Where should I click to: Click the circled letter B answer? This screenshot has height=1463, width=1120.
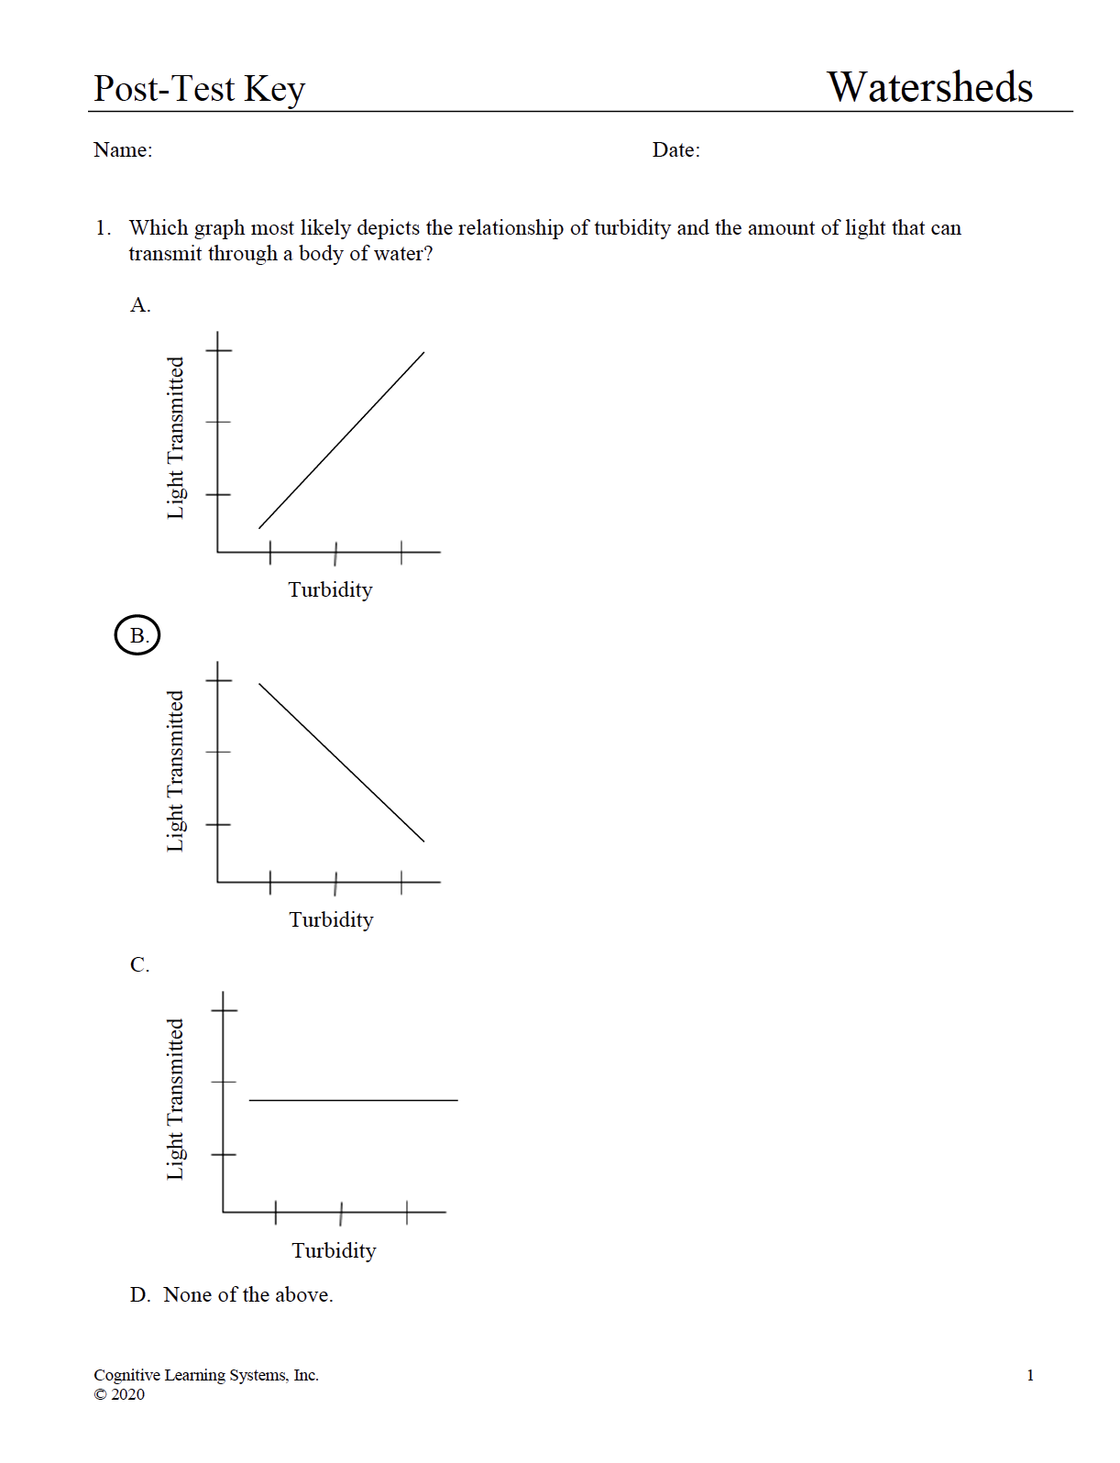click(x=137, y=635)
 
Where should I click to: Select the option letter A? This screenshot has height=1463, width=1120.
click(x=139, y=305)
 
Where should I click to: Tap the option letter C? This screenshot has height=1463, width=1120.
click(x=139, y=964)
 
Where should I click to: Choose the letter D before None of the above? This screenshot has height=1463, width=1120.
click(x=139, y=1294)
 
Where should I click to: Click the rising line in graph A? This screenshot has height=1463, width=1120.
click(x=342, y=440)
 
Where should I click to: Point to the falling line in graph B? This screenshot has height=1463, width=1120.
click(x=342, y=763)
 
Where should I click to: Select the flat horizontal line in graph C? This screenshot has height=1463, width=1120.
click(x=353, y=1100)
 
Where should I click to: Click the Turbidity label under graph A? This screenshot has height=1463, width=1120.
click(x=330, y=589)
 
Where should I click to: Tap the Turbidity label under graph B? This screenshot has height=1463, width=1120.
click(x=331, y=919)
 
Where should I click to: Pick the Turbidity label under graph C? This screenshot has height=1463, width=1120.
click(x=334, y=1250)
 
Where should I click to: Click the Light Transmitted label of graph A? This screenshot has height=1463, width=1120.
click(x=175, y=438)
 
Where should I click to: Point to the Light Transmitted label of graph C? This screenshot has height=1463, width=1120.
click(x=175, y=1099)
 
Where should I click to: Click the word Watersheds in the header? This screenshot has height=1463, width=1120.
click(x=929, y=88)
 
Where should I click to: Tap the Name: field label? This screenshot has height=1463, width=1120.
click(x=123, y=150)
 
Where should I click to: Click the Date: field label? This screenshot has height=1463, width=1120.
click(x=675, y=150)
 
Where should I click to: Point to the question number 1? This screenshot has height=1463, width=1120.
click(x=102, y=227)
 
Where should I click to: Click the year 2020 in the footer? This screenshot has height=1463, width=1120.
click(x=127, y=1394)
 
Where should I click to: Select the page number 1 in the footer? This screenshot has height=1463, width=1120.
click(x=1030, y=1375)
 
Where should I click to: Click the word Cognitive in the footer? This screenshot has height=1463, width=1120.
click(x=126, y=1375)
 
